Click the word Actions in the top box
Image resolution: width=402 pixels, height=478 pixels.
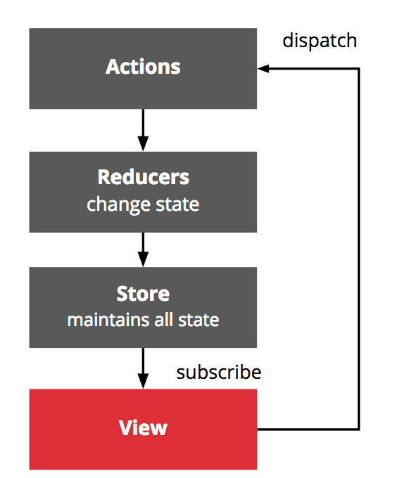coord(143,67)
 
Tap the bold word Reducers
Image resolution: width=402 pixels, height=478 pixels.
coord(143,176)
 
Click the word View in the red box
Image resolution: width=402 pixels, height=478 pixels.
coord(143,427)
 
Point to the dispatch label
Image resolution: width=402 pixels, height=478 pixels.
coord(320,41)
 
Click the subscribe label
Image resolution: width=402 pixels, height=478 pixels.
coord(218,372)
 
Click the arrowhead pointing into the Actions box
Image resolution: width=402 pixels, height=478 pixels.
coord(263,69)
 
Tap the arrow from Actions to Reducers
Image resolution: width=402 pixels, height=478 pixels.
coord(143,130)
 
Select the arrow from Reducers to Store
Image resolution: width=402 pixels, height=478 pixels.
coord(143,250)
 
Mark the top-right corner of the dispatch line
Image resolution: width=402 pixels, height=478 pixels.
coord(359,69)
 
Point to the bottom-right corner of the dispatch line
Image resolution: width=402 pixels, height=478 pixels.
coord(359,428)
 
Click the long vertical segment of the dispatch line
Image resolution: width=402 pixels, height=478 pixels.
coord(359,246)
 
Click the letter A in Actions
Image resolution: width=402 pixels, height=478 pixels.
coord(112,67)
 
